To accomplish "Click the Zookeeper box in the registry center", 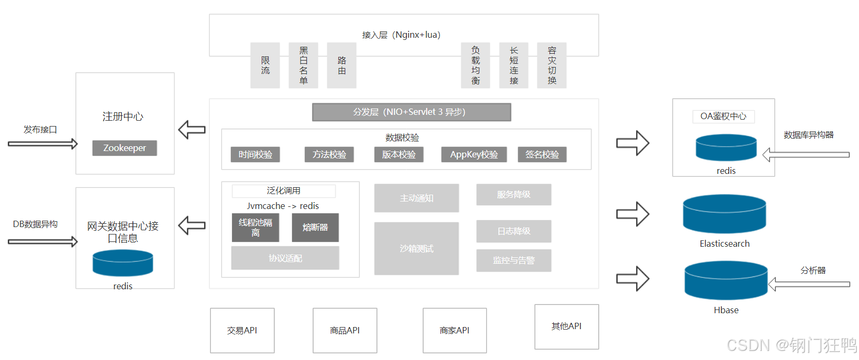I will [x=124, y=148].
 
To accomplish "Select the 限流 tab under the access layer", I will [x=265, y=65].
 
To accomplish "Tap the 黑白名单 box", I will [x=303, y=65].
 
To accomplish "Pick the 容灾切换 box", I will [x=552, y=65].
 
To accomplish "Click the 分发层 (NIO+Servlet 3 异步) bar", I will [x=411, y=112].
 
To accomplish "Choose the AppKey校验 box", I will [x=474, y=155].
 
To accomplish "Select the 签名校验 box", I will [x=542, y=155].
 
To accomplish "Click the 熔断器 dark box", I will [x=315, y=228].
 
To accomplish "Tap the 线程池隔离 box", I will [x=255, y=228].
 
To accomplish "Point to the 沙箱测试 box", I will [x=416, y=248].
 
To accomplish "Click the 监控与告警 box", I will [x=513, y=261].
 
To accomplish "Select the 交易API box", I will [x=242, y=330].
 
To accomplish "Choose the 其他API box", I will [x=566, y=326].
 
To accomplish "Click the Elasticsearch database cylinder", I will [x=724, y=214].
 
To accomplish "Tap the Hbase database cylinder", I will [x=726, y=281].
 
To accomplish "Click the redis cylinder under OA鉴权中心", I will [x=726, y=147].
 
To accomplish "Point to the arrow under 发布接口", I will [x=43, y=144].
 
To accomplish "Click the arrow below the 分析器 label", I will [x=809, y=284].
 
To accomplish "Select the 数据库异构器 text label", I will [x=808, y=135].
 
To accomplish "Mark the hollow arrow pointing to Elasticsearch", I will [x=632, y=214].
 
